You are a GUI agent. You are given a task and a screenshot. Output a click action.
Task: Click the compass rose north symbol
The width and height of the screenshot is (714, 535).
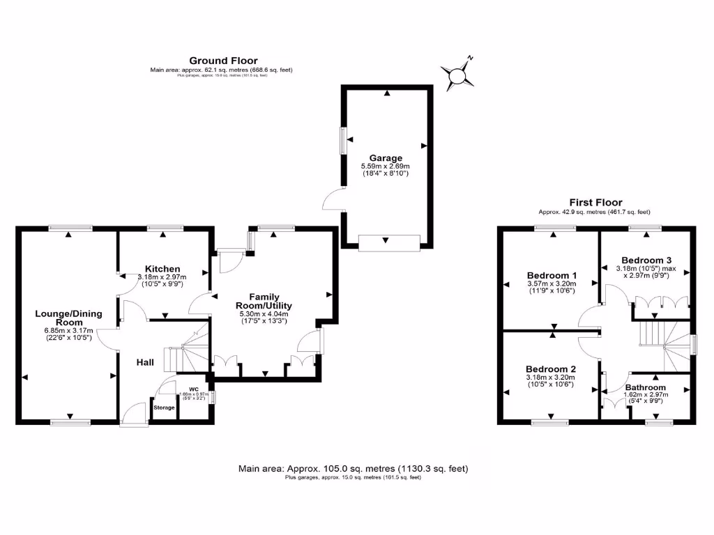[457, 73]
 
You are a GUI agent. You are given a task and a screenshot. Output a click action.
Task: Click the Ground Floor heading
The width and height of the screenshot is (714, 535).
[223, 61]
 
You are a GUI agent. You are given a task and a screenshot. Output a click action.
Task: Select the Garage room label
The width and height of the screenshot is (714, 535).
[386, 158]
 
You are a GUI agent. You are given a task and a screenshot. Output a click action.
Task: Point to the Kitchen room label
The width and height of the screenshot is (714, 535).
[162, 269]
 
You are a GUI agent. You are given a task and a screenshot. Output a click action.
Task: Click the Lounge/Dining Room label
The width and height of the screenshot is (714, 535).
[68, 318]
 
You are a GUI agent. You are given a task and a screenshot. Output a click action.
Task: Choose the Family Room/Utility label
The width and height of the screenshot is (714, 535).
[261, 301]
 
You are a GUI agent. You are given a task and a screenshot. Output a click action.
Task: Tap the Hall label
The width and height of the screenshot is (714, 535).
[145, 362]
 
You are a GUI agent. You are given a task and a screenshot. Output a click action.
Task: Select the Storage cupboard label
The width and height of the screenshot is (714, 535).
[164, 408]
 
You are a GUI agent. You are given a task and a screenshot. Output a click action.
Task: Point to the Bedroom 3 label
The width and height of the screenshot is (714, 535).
[645, 260]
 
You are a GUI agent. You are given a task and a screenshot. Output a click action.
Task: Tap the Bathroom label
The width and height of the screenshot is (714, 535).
[645, 387]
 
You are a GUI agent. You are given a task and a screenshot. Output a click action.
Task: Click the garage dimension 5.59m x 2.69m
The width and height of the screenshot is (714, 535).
[386, 166]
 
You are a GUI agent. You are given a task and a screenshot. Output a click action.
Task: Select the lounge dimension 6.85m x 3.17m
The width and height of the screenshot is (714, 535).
[68, 330]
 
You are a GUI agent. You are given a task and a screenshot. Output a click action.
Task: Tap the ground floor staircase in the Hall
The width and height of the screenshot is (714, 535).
[185, 352]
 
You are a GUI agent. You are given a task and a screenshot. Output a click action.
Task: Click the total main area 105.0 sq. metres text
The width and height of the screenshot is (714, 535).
[353, 469]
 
